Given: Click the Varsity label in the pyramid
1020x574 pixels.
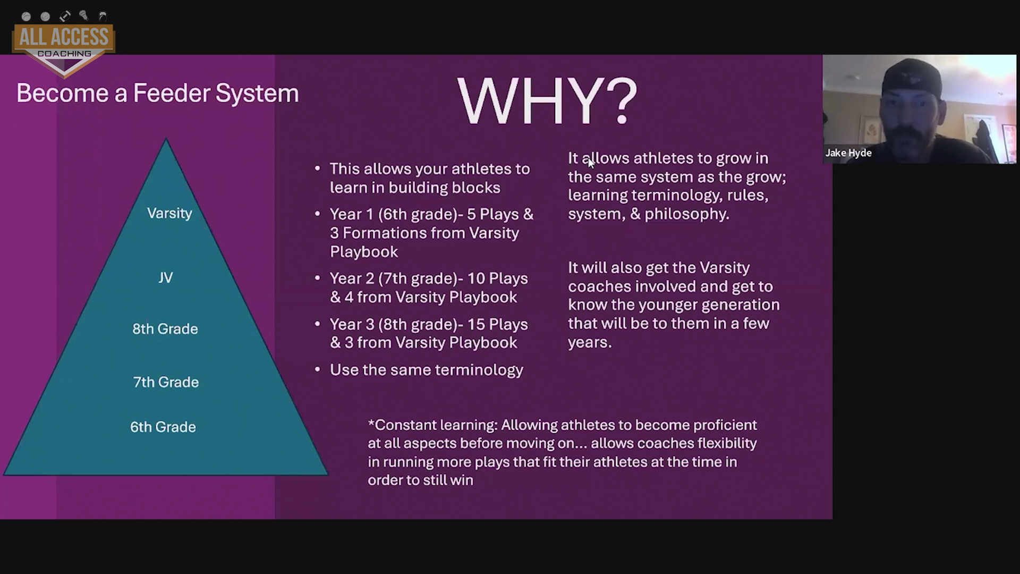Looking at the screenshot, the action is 169,213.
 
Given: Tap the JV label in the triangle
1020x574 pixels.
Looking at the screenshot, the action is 165,277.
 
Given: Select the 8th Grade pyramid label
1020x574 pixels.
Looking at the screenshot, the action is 165,328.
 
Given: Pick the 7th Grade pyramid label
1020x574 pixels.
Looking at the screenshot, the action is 166,382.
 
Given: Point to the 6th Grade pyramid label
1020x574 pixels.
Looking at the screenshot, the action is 163,427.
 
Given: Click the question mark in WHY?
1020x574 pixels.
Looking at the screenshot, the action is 621,102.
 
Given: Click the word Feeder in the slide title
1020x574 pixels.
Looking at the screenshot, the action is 171,93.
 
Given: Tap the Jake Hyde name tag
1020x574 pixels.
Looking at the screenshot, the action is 848,153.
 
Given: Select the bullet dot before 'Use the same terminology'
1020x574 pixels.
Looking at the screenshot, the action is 318,369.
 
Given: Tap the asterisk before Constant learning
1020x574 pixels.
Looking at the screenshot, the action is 371,423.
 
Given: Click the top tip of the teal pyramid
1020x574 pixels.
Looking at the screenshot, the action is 166,138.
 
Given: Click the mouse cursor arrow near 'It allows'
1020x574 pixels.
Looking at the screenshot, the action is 591,163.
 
